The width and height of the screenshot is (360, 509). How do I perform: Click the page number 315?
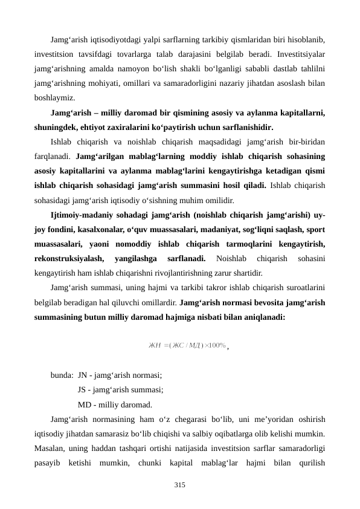coord(179,485)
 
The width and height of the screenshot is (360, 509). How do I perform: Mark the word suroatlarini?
coord(304,287)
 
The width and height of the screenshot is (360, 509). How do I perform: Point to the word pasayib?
coord(48,463)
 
